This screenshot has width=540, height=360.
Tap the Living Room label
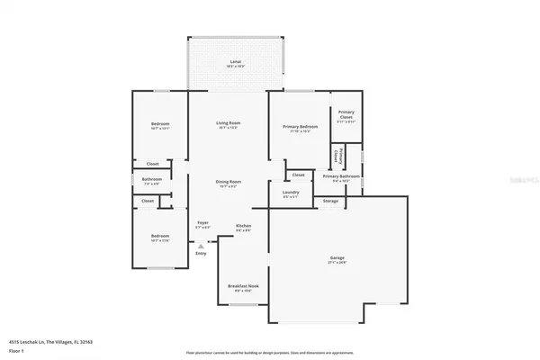(228, 123)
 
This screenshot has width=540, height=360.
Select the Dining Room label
(228, 183)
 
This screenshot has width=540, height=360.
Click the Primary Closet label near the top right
(346, 113)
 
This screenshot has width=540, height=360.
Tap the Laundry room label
(291, 192)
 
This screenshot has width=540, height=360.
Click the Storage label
(331, 201)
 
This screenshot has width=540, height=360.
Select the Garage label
(336, 258)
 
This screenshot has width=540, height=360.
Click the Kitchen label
(243, 226)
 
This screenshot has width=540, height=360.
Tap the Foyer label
(203, 222)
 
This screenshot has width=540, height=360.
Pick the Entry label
(201, 253)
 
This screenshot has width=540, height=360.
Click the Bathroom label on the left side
(152, 179)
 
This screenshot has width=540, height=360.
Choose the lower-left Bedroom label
(160, 236)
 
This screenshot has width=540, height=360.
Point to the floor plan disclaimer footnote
(270, 352)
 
